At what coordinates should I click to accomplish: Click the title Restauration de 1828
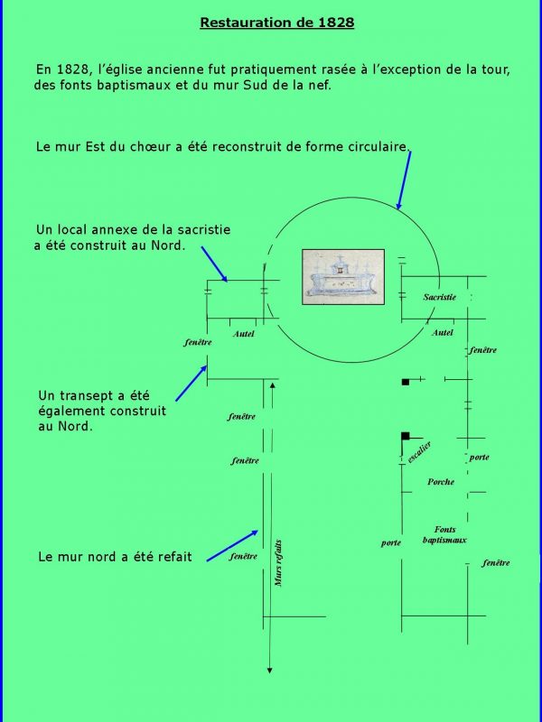click(276, 23)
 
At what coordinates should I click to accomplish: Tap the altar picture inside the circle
click(342, 273)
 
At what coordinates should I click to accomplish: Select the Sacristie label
click(440, 297)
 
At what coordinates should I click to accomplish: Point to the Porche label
click(441, 482)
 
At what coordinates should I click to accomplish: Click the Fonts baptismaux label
click(444, 534)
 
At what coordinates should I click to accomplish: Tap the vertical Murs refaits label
click(278, 561)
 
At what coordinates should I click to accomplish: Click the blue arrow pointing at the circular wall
click(404, 180)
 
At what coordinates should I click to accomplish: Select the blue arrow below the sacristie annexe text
click(213, 264)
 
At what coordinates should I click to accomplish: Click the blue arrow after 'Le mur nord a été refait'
click(233, 546)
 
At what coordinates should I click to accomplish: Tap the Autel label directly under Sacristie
click(443, 333)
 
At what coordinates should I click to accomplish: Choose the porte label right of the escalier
click(479, 458)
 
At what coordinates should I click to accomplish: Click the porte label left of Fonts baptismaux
click(390, 542)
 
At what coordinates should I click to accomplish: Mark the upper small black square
click(406, 382)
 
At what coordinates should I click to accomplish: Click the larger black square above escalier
click(406, 437)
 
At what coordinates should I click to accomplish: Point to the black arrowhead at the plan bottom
click(269, 669)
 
